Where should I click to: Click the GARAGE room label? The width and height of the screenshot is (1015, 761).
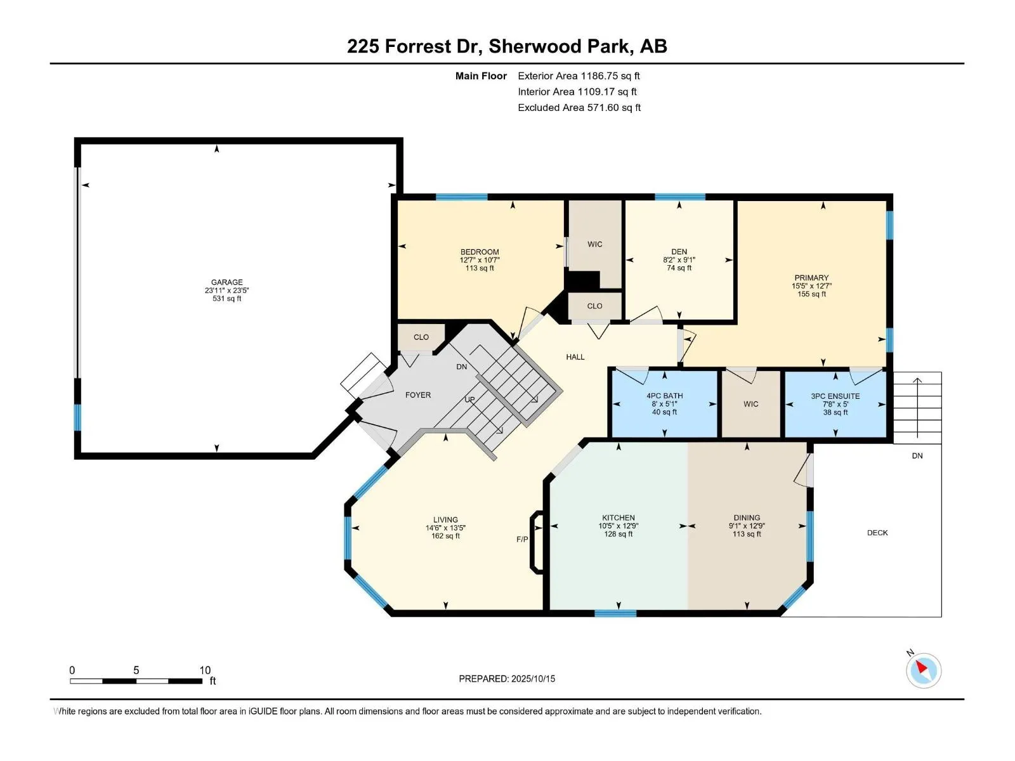point(226,282)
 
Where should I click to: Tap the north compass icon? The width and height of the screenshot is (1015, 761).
point(923,670)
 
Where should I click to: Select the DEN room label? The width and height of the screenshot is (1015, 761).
point(679,252)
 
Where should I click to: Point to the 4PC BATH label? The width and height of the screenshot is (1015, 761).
point(664,396)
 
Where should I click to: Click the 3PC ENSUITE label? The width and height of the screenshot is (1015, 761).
point(835,396)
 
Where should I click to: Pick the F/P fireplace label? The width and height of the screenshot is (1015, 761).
point(522,539)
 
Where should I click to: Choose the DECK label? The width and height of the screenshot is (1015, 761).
point(877,533)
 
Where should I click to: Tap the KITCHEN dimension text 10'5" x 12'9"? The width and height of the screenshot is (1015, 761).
point(619,526)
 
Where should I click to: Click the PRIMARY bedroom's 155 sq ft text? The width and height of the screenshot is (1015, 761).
point(811,294)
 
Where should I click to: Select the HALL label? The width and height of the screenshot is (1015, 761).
point(575,356)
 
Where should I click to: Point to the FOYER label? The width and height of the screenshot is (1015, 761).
point(418,395)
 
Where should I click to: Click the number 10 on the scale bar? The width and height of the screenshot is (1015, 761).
point(205,670)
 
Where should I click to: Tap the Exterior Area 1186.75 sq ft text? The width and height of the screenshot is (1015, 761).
point(579,75)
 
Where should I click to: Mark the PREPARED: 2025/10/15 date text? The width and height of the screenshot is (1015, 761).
point(507,679)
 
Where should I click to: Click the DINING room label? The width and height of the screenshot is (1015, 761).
point(747,517)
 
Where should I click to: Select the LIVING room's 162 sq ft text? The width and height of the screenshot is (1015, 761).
point(445,536)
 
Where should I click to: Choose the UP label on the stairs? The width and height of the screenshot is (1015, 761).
point(469,400)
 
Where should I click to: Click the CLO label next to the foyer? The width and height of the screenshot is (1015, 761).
point(421,337)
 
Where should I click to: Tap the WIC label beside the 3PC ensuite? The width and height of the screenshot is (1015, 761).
point(751,404)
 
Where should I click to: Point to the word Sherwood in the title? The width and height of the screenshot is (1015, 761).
point(535,46)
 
